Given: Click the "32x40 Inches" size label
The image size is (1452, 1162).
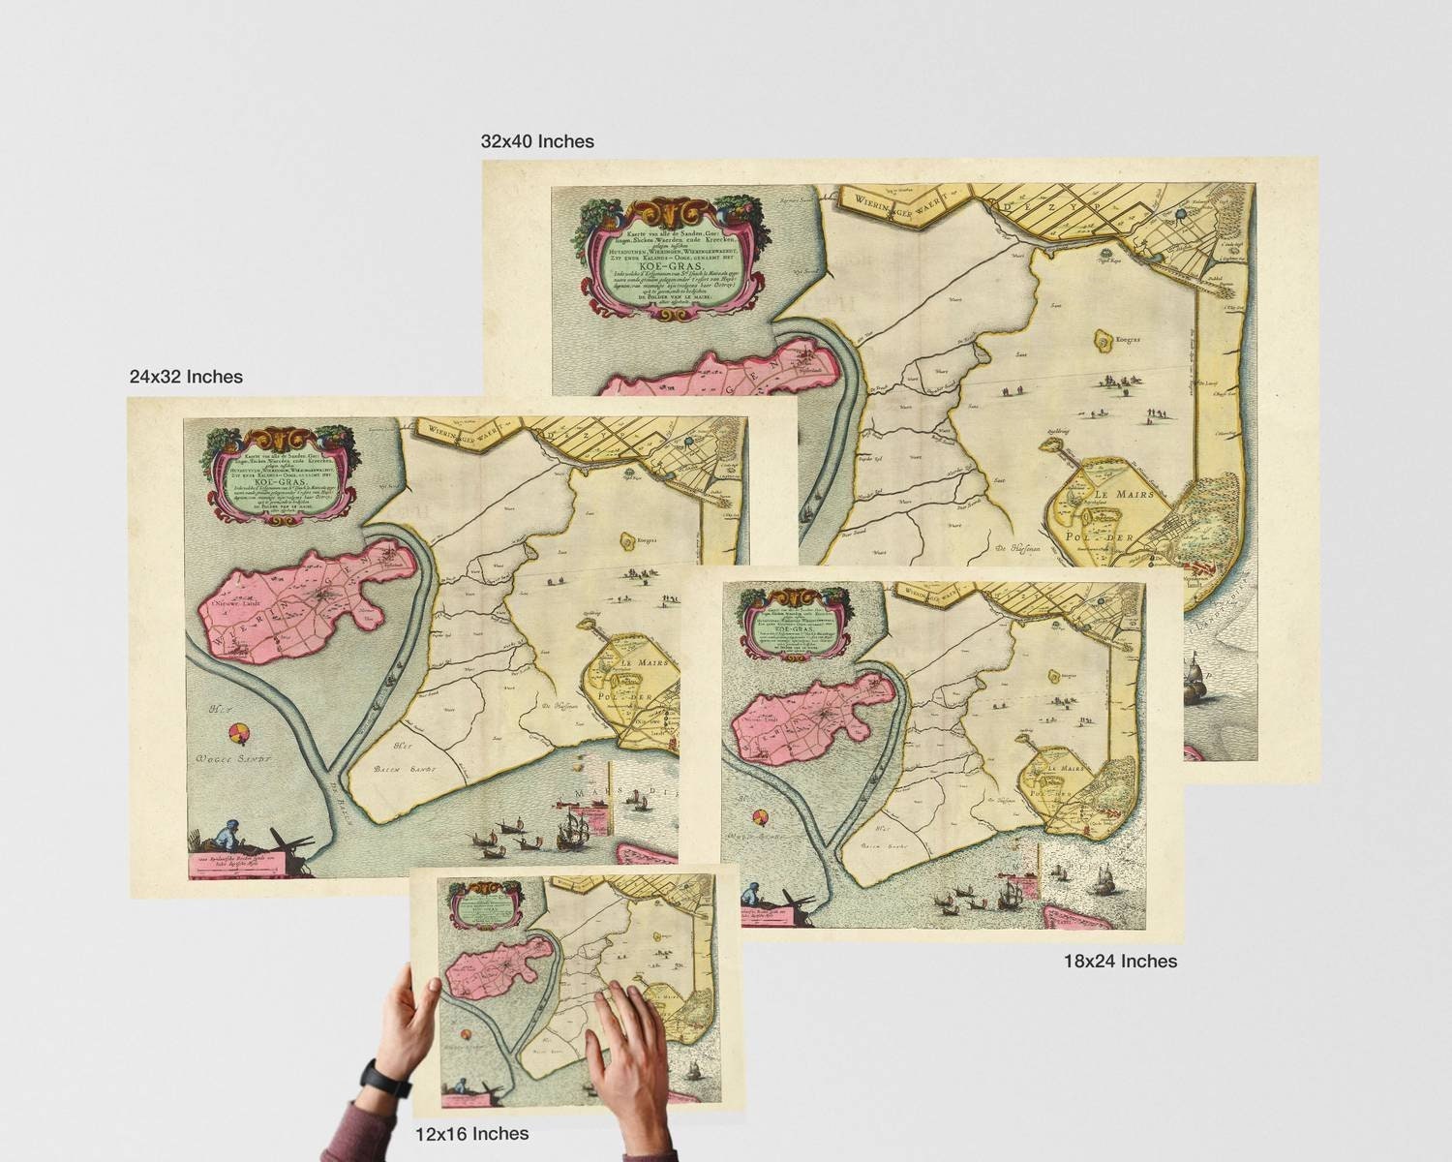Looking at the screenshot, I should click(537, 141).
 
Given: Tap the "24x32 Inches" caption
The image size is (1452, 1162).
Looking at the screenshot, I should click(186, 376).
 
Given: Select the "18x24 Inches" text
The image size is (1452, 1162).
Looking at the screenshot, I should click(1120, 961).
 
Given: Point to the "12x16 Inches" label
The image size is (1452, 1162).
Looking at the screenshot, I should click(471, 1133).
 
